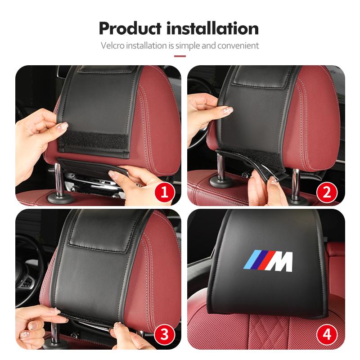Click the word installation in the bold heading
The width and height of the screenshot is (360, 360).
(x=212, y=28)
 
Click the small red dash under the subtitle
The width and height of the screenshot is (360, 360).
(x=180, y=56)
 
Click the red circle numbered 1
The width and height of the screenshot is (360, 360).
(x=164, y=193)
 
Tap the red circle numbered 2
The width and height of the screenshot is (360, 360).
(x=327, y=193)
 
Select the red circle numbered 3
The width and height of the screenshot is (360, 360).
(x=164, y=334)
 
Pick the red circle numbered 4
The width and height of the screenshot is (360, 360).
(x=327, y=334)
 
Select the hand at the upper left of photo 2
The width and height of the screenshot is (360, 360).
(x=205, y=112)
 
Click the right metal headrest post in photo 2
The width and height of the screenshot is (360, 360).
(x=296, y=184)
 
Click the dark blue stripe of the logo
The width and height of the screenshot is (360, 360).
(x=257, y=261)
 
